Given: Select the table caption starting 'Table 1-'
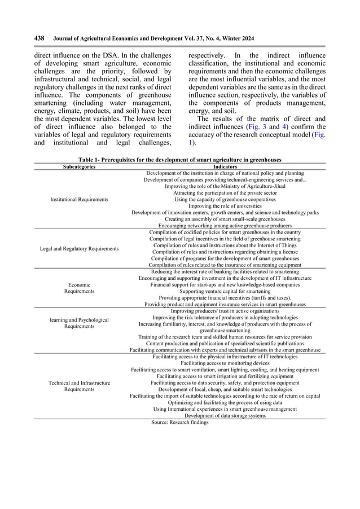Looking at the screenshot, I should [x=179, y=160].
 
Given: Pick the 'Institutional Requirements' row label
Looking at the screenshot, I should [x=79, y=199].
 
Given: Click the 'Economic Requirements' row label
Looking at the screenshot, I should [x=79, y=288].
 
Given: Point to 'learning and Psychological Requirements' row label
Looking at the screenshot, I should [x=79, y=323].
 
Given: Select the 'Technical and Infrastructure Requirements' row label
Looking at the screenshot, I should [x=79, y=386].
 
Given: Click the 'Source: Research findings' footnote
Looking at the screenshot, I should [x=180, y=422].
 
